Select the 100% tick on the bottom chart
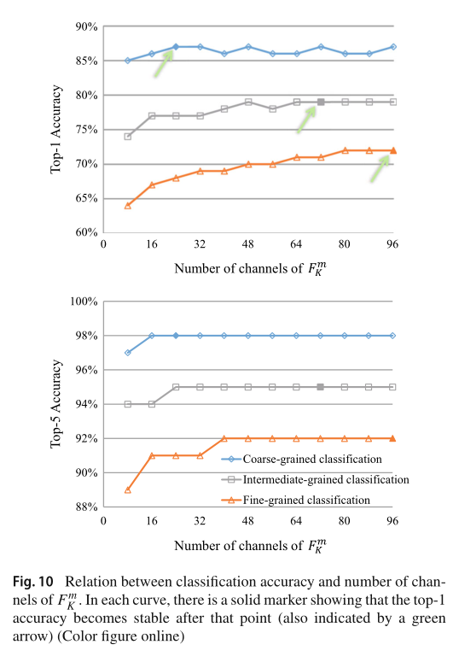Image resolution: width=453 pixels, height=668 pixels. point(85,302)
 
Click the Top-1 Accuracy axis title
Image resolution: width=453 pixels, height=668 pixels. point(55,129)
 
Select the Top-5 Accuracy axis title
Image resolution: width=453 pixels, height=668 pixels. point(55,404)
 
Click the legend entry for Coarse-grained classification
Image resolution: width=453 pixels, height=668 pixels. point(311,459)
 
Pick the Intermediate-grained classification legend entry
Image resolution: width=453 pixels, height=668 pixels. point(321,479)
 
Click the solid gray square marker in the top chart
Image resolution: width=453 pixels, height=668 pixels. point(321,102)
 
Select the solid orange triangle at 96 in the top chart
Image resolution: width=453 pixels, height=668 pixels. point(393,150)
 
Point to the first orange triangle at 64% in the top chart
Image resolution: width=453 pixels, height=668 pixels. point(127,205)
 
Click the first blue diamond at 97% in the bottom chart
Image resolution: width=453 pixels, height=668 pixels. point(127,353)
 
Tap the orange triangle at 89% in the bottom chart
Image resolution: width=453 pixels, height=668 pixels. point(127,490)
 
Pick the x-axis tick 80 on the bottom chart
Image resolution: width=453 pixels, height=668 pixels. point(345,519)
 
